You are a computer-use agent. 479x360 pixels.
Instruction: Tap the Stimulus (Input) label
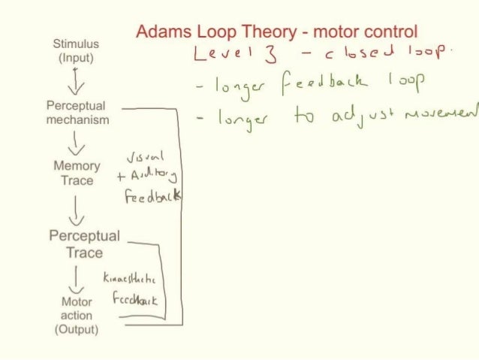pos(76,50)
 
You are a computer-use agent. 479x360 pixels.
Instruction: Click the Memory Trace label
pos(77,173)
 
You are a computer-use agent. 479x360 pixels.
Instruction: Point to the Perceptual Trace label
pos(84,244)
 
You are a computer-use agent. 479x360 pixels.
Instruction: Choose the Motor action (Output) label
pos(77,315)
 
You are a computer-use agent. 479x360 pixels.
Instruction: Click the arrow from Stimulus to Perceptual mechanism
pos(75,80)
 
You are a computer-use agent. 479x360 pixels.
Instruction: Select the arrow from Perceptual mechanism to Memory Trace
pos(76,143)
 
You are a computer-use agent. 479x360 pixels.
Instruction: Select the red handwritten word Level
pos(221,53)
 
